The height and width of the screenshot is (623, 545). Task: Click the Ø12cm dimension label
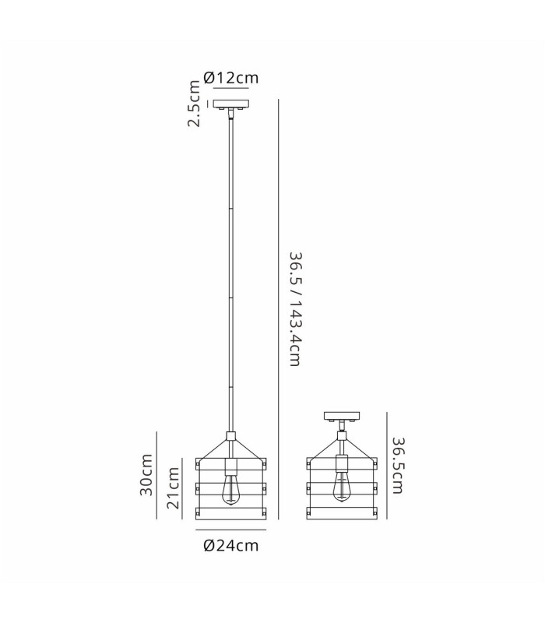(x=230, y=77)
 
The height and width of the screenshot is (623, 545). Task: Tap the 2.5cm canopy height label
(x=193, y=104)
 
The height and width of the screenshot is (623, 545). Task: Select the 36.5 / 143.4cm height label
(x=295, y=308)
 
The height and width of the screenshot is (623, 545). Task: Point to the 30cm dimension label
(x=146, y=474)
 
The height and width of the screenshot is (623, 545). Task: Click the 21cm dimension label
(x=173, y=487)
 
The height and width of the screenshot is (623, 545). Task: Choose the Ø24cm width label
(x=230, y=545)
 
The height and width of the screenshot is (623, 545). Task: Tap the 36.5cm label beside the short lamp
(x=398, y=465)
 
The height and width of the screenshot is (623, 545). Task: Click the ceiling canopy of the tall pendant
(x=230, y=104)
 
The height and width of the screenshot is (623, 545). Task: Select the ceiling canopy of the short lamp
(x=342, y=417)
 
